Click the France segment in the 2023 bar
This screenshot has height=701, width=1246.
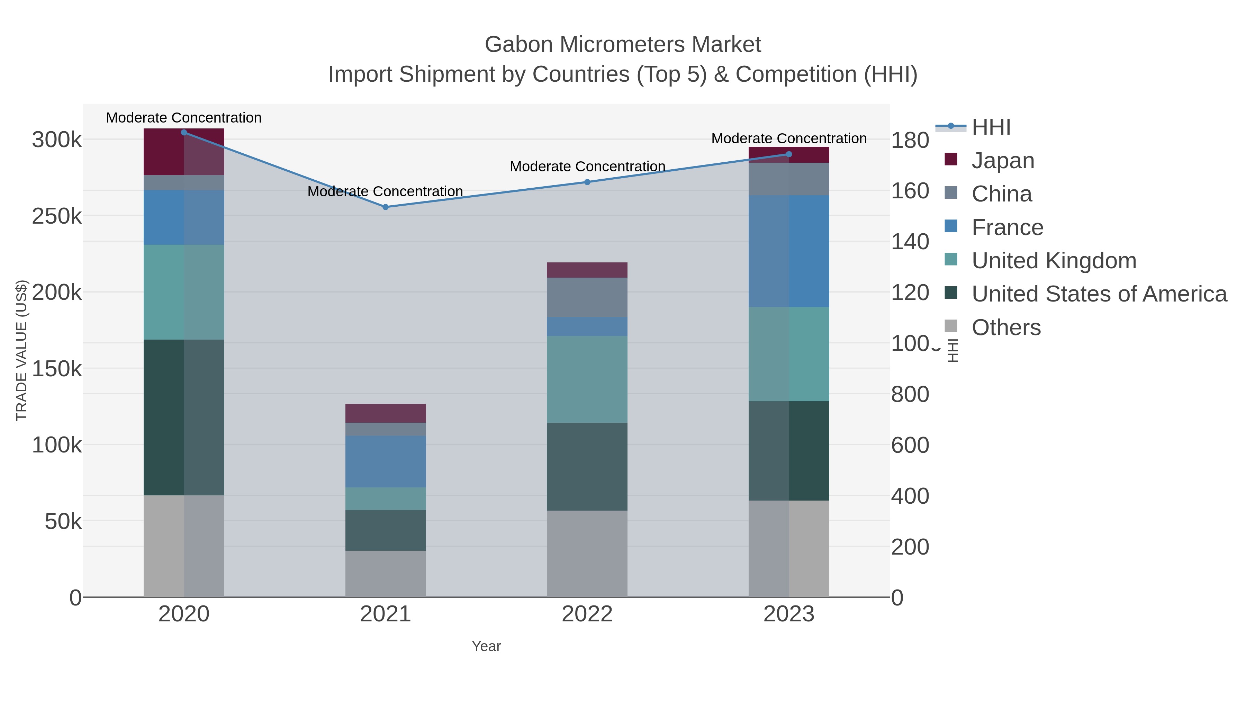point(789,251)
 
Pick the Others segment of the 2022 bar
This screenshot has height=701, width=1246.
point(587,554)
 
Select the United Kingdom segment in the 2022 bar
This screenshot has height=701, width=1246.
point(587,379)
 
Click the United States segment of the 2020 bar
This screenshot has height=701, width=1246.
point(184,417)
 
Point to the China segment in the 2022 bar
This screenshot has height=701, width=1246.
point(587,297)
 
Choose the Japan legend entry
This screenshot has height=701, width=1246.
point(1002,160)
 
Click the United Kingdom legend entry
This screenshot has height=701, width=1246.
point(1054,260)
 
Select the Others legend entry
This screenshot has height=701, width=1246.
point(1005,327)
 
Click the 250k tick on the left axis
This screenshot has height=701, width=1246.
point(57,216)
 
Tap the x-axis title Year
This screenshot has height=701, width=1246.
point(486,646)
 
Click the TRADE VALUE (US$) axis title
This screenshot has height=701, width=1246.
point(22,350)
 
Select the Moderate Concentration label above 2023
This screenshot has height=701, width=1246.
point(789,138)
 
